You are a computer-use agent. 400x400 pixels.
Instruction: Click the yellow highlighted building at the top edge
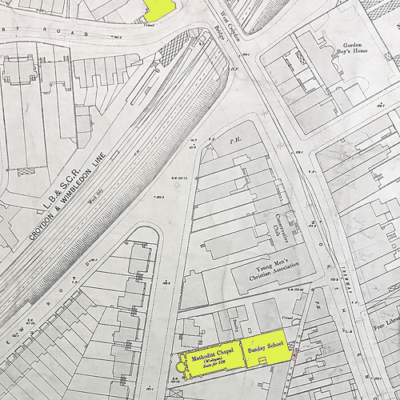[x=160, y=9]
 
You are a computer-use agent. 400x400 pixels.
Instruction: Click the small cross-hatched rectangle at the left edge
[x=26, y=170]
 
